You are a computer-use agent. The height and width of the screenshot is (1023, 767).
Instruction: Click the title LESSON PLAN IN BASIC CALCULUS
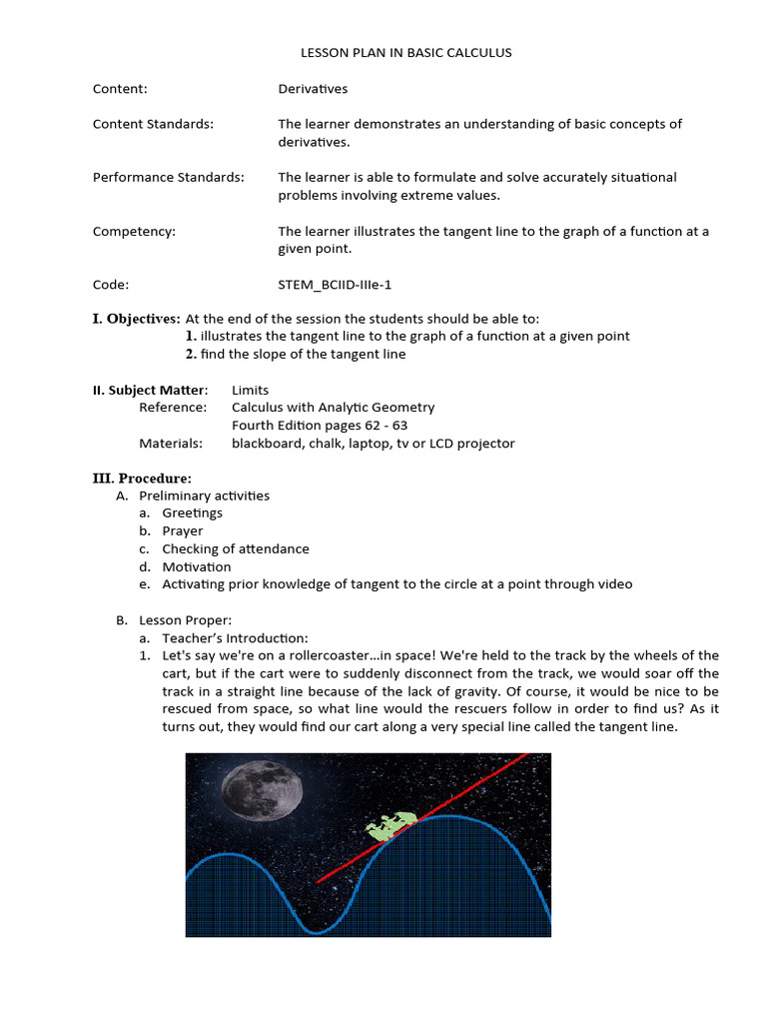click(405, 53)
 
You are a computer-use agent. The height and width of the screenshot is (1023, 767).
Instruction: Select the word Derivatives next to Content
click(313, 89)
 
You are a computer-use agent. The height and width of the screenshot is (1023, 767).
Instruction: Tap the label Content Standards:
click(153, 124)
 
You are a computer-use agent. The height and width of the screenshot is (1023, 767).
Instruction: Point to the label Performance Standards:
click(168, 177)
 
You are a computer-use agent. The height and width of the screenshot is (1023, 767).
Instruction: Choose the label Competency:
click(134, 231)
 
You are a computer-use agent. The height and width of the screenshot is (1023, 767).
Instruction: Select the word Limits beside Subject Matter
click(250, 390)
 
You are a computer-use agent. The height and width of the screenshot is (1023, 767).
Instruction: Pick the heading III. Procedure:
click(142, 478)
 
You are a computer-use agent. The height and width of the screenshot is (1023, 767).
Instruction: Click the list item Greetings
click(193, 513)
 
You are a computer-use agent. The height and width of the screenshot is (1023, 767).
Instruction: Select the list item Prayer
click(183, 531)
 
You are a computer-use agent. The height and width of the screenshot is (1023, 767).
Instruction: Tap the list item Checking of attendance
click(236, 549)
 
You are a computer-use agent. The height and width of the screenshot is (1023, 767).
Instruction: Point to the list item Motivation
click(197, 567)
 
